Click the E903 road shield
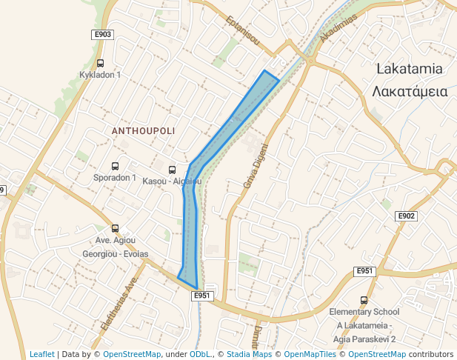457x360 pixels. pyautogui.click(x=102, y=35)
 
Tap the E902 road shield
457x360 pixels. pyautogui.click(x=406, y=216)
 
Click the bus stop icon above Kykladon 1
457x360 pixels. pyautogui.click(x=100, y=63)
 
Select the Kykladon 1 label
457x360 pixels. pyautogui.click(x=100, y=75)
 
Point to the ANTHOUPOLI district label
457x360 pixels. pyautogui.click(x=143, y=130)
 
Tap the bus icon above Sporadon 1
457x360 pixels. pyautogui.click(x=115, y=166)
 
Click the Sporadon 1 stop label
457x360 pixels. pyautogui.click(x=115, y=178)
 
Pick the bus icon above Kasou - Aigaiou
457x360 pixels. pyautogui.click(x=173, y=170)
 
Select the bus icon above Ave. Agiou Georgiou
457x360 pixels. pyautogui.click(x=115, y=229)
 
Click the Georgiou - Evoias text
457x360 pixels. pyautogui.click(x=115, y=253)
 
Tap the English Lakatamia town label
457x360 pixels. pyautogui.click(x=410, y=69)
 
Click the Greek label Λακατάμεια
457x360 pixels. pyautogui.click(x=410, y=91)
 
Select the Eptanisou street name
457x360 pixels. pyautogui.click(x=243, y=30)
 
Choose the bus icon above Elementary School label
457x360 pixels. pyautogui.click(x=364, y=300)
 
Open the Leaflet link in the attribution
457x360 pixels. pyautogui.click(x=41, y=354)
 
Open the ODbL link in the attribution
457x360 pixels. pyautogui.click(x=200, y=354)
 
